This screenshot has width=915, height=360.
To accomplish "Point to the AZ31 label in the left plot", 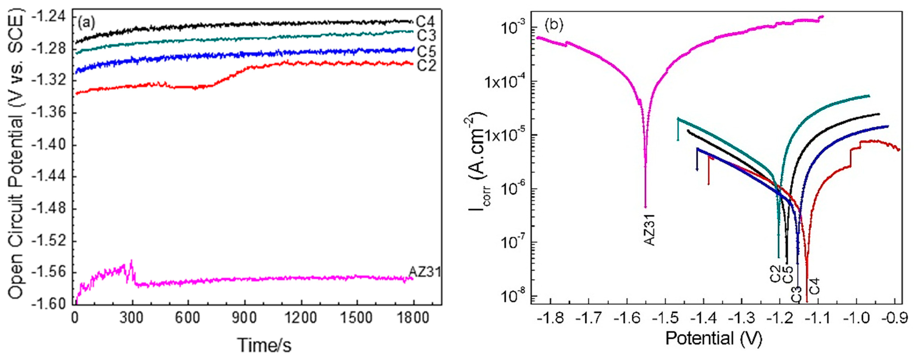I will coord(425,272).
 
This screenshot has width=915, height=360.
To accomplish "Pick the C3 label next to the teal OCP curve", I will coord(426,36).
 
